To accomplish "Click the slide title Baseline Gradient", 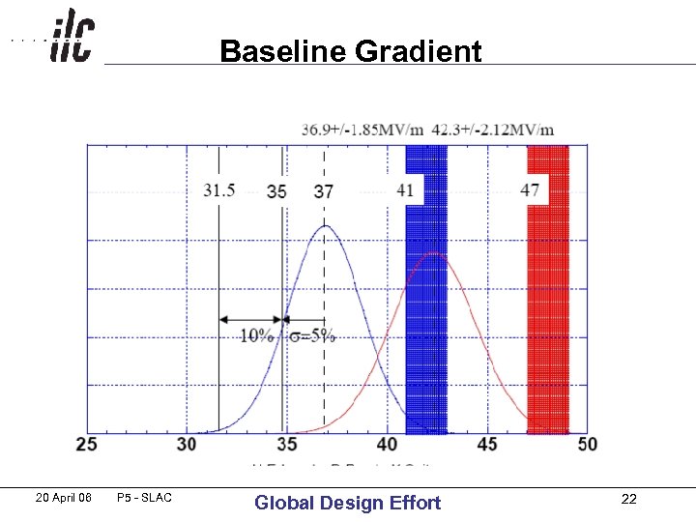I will coord(350,50).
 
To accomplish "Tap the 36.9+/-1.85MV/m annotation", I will coord(362,130).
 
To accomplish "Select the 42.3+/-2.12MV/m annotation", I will coord(493,130).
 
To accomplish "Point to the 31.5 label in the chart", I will coord(219,190).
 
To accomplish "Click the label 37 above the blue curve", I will coord(324,191).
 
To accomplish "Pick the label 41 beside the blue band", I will coord(405,190).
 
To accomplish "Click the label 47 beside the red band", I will coord(530,190).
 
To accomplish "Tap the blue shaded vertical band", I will coord(426,290).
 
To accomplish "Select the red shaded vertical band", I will coord(548,290).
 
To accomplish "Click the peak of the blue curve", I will coord(327,227).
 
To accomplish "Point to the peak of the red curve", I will coord(437,254).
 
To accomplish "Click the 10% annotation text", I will coord(256,335).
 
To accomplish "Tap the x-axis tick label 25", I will coord(86,445).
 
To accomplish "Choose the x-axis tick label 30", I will coord(187,445).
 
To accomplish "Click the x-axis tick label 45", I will coord(487,445).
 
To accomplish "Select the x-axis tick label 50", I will coord(587,445).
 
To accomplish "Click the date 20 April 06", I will coord(63,498).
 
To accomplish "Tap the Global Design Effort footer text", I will coord(347,503).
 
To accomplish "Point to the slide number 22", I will coord(629,499).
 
